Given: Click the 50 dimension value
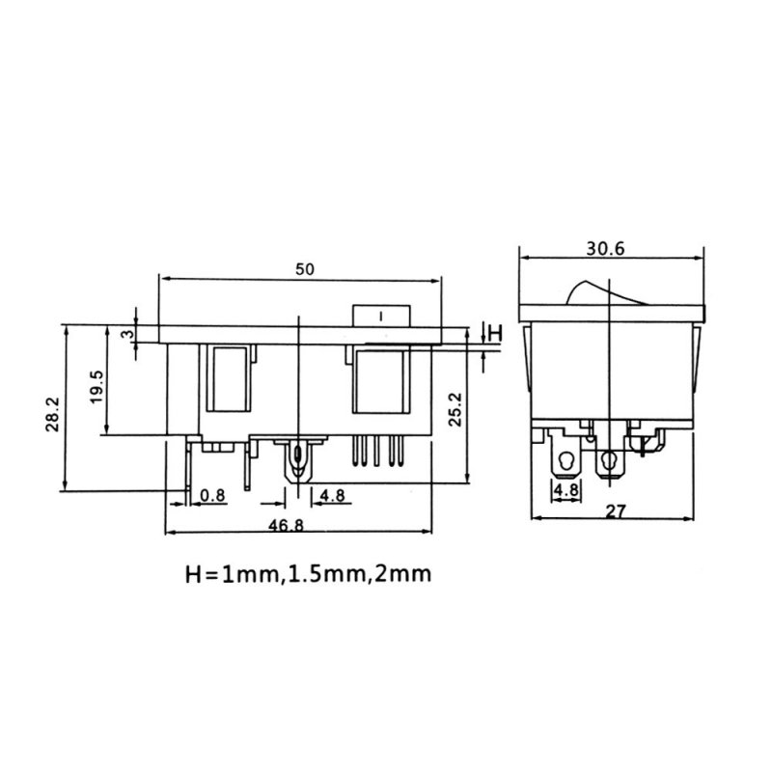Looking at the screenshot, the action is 304,269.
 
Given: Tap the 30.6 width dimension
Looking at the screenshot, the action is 605,249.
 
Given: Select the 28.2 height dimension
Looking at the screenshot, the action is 52,414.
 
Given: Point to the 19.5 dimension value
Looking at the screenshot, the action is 97,387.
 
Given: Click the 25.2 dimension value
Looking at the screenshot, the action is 455,409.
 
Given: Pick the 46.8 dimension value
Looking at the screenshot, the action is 286,525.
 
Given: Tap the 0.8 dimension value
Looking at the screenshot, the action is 212,495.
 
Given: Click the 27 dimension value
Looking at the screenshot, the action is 615,511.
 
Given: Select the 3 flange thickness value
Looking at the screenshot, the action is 127,334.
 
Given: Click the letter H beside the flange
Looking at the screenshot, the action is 495,333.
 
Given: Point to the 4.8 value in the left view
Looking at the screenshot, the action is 332,495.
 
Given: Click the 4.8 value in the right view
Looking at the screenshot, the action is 565,490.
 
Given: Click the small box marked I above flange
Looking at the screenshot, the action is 381,316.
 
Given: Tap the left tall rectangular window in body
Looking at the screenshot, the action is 228,379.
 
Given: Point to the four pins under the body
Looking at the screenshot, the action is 378,451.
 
